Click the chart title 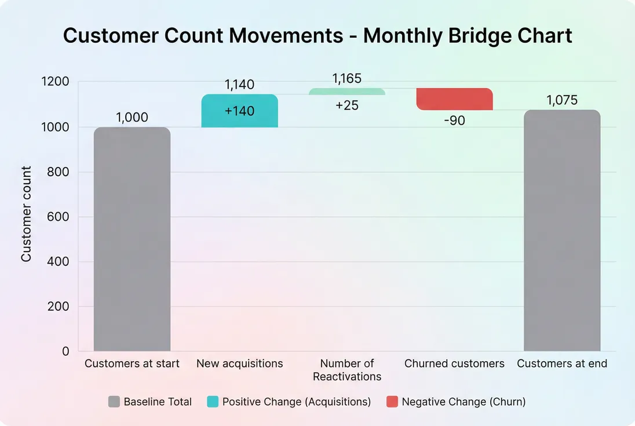click(x=317, y=36)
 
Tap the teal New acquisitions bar click(x=239, y=111)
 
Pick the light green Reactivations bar click(x=347, y=92)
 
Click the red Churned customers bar click(x=454, y=99)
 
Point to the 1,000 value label click(x=132, y=117)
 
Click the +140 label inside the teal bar click(x=239, y=111)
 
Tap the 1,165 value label click(x=347, y=79)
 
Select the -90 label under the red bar click(x=454, y=121)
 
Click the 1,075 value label click(x=562, y=100)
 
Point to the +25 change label click(x=347, y=105)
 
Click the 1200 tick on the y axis click(x=55, y=82)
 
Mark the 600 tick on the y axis click(x=58, y=217)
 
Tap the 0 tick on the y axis click(x=65, y=351)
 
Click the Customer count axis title click(x=27, y=214)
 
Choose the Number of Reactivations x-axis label click(x=347, y=370)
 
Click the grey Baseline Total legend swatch click(x=114, y=402)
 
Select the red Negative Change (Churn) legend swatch click(x=392, y=402)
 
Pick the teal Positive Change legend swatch click(x=213, y=402)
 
